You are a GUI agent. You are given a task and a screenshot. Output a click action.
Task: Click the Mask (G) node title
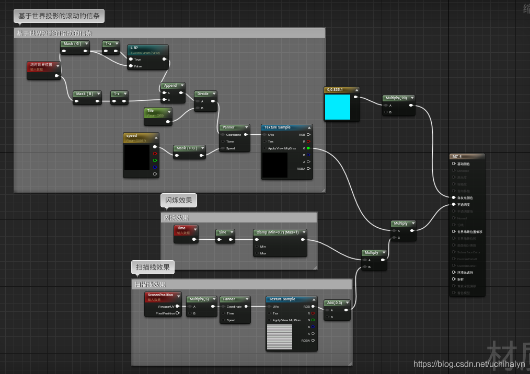72,44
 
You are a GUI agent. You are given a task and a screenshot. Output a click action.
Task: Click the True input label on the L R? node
138,60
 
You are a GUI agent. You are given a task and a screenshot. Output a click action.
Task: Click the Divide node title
203,94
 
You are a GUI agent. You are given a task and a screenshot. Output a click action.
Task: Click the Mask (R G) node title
187,148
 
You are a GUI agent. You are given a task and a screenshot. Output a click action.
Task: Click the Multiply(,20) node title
396,98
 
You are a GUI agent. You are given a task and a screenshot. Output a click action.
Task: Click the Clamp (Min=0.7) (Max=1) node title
278,232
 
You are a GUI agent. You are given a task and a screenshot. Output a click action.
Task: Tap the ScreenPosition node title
161,295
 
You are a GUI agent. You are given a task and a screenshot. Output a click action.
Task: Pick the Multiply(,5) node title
200,299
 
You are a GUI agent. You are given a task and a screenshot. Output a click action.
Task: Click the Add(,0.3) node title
335,302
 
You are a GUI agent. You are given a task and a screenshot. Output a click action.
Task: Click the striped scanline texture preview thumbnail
279,336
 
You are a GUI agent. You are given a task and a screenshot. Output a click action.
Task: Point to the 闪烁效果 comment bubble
179,200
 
